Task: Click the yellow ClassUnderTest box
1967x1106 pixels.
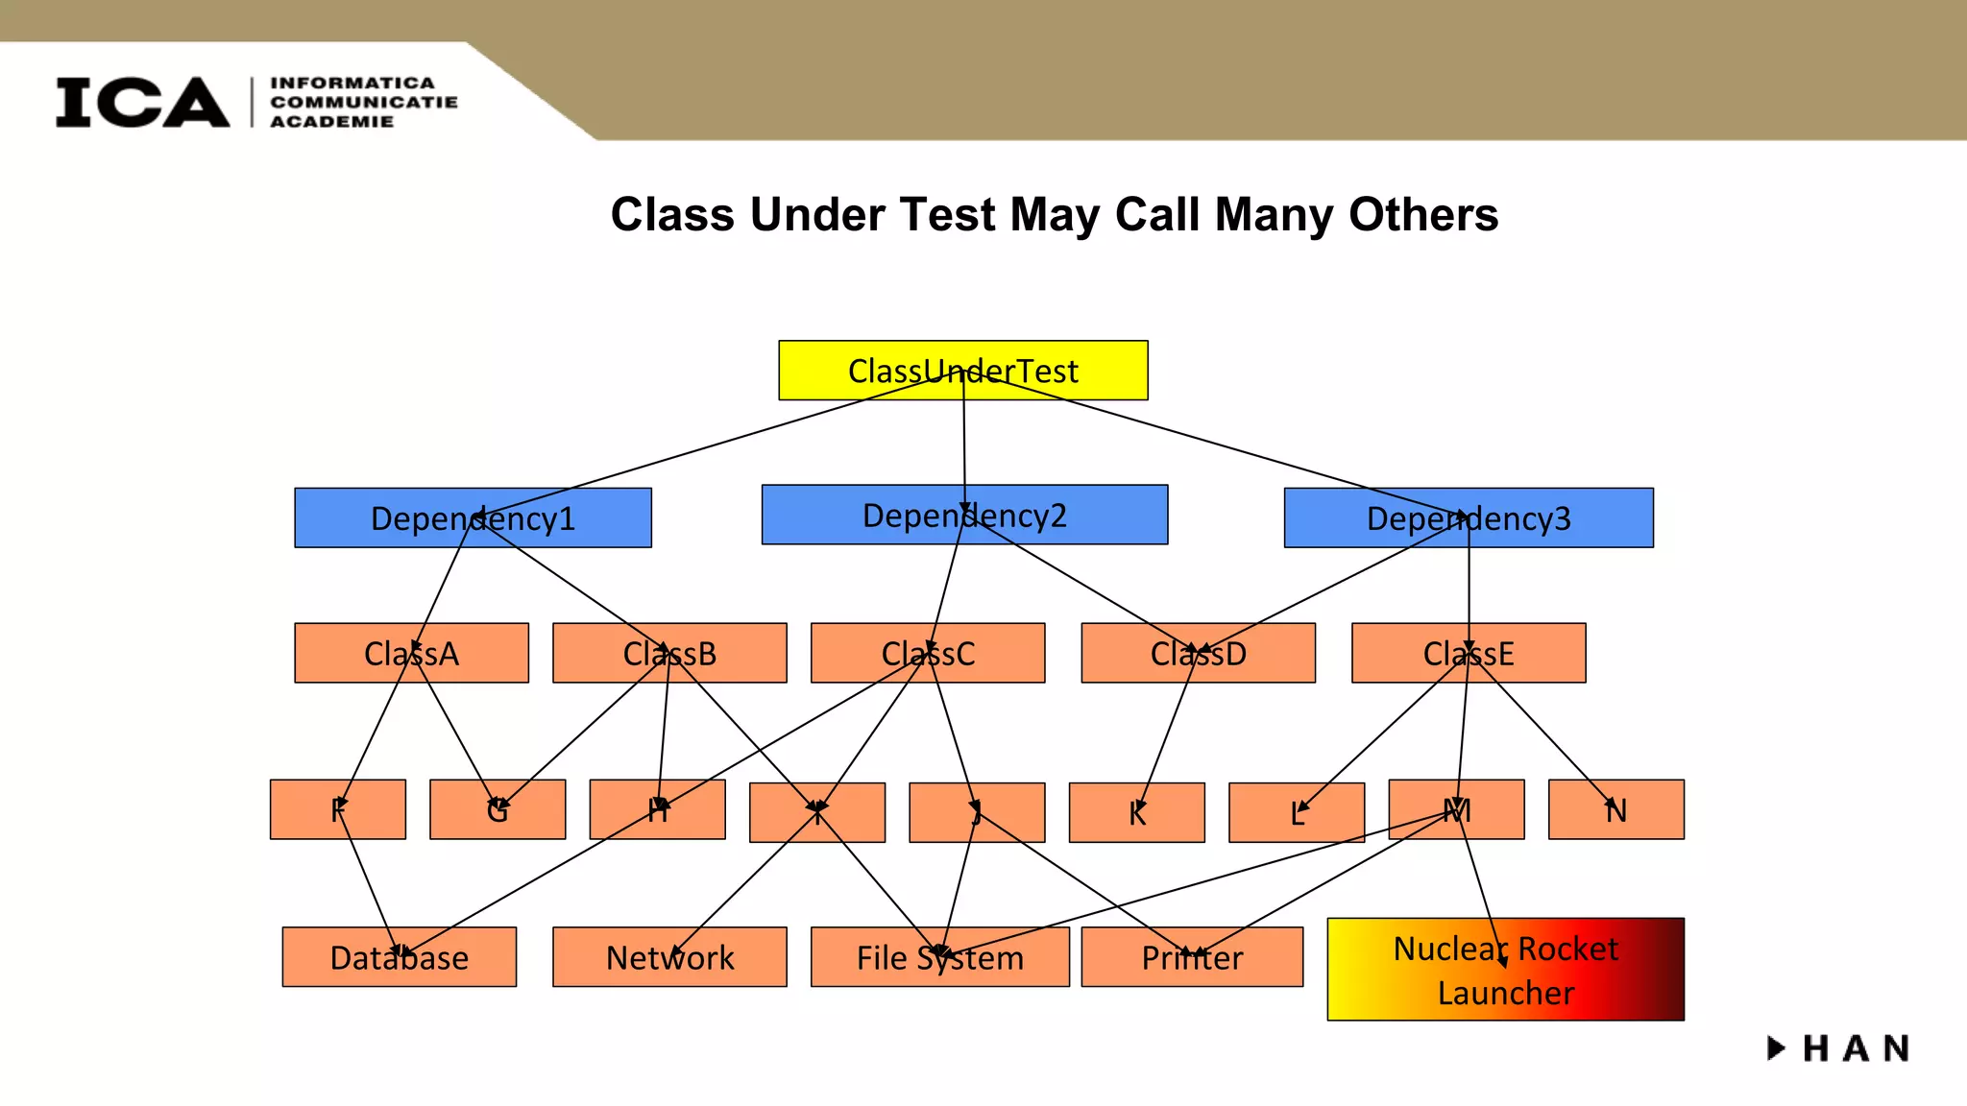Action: (x=962, y=370)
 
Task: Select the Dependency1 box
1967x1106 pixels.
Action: (x=473, y=517)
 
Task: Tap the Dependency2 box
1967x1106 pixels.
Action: (x=964, y=515)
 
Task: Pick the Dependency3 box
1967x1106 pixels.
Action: (x=1469, y=517)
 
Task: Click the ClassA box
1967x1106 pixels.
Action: (x=411, y=653)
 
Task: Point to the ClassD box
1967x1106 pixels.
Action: (x=1198, y=653)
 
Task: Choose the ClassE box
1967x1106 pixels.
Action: (x=1469, y=653)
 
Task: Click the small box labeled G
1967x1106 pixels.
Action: (x=498, y=809)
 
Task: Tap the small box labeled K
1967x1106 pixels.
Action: (x=1136, y=812)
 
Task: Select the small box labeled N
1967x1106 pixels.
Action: (x=1615, y=809)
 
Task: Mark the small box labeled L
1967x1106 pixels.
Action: (x=1296, y=812)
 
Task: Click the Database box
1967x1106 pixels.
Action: (x=399, y=956)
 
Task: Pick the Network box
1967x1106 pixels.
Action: (x=669, y=956)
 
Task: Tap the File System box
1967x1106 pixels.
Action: (x=939, y=956)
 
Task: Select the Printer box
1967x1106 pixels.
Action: (x=1192, y=956)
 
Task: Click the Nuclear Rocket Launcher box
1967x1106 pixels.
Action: (x=1505, y=969)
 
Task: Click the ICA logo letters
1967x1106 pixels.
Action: (x=142, y=102)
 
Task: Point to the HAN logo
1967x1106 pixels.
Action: (x=1839, y=1047)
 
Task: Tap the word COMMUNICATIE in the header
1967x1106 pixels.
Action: (x=364, y=102)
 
